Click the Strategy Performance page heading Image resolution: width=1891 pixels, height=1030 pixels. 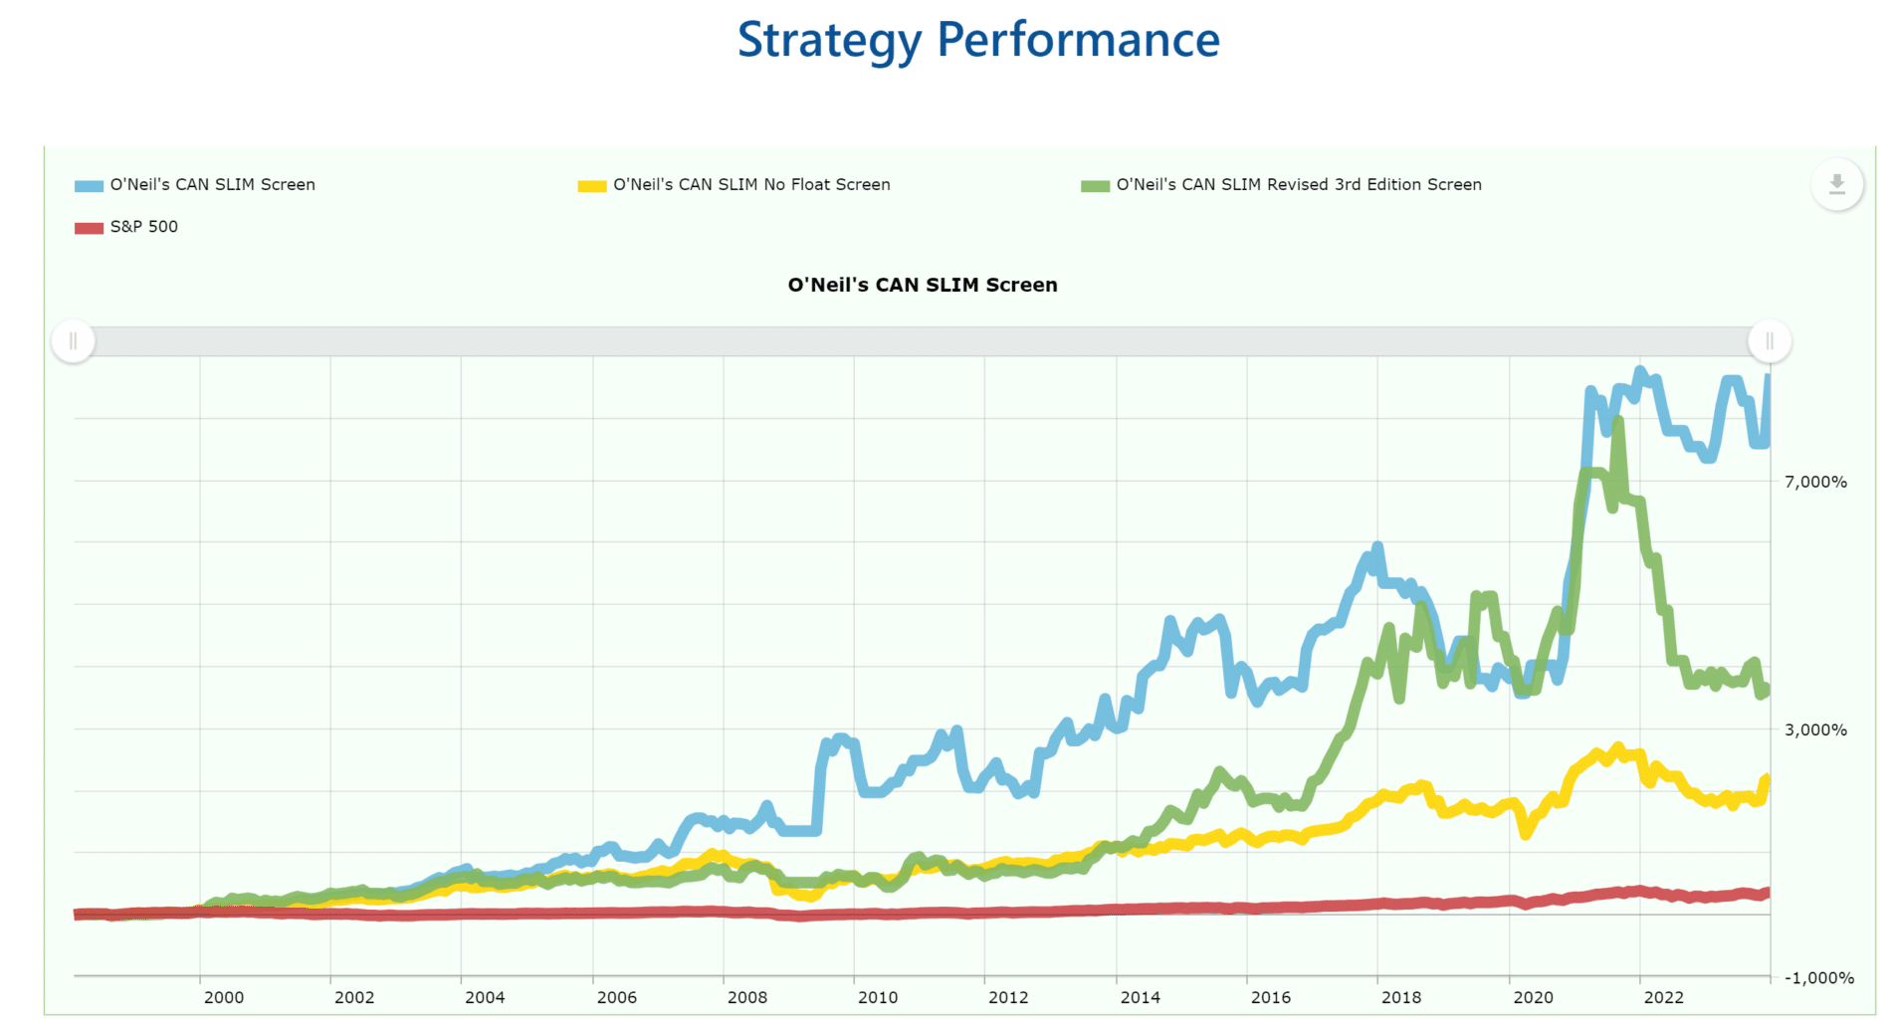click(978, 40)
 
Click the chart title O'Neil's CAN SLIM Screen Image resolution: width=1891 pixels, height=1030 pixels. click(923, 285)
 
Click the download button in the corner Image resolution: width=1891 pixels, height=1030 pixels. click(1836, 184)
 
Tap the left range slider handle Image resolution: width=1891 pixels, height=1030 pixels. click(73, 341)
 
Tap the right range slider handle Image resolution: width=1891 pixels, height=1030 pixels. click(1770, 341)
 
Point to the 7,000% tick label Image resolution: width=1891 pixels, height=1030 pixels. click(1815, 482)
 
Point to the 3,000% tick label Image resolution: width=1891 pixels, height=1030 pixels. click(1815, 729)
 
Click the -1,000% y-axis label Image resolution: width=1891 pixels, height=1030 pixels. click(1819, 977)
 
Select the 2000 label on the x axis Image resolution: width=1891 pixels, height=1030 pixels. click(223, 997)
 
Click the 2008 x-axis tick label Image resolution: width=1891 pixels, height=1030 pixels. click(747, 997)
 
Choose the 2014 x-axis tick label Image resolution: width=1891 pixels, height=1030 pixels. click(1140, 997)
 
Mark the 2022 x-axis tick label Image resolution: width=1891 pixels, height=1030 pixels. click(1663, 997)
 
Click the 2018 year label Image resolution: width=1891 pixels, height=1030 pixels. click(1401, 997)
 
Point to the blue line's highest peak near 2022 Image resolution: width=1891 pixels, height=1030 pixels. click(1640, 372)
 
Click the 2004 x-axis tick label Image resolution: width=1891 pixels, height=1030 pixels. click(485, 997)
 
